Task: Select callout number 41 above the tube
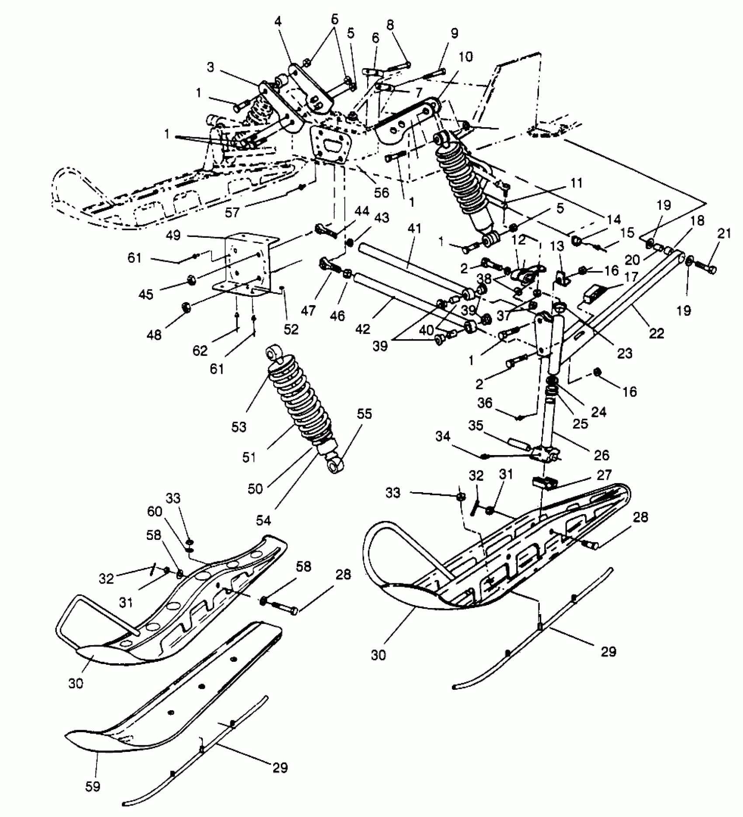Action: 414,228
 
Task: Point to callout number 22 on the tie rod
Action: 656,333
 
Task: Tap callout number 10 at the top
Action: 466,57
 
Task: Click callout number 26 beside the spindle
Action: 601,455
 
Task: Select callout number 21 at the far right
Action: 724,233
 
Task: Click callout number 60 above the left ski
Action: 155,511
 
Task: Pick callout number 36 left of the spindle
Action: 485,403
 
